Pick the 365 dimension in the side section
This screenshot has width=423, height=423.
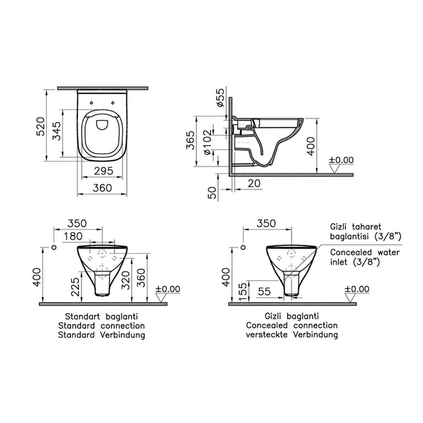click(191, 140)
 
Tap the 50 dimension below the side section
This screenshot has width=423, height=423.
click(212, 193)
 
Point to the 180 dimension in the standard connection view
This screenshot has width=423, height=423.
click(73, 237)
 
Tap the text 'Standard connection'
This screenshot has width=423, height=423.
click(101, 325)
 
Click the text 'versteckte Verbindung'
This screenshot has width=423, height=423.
click(292, 335)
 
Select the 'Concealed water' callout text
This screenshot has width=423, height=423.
click(365, 252)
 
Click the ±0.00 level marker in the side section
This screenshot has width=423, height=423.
click(341, 160)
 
